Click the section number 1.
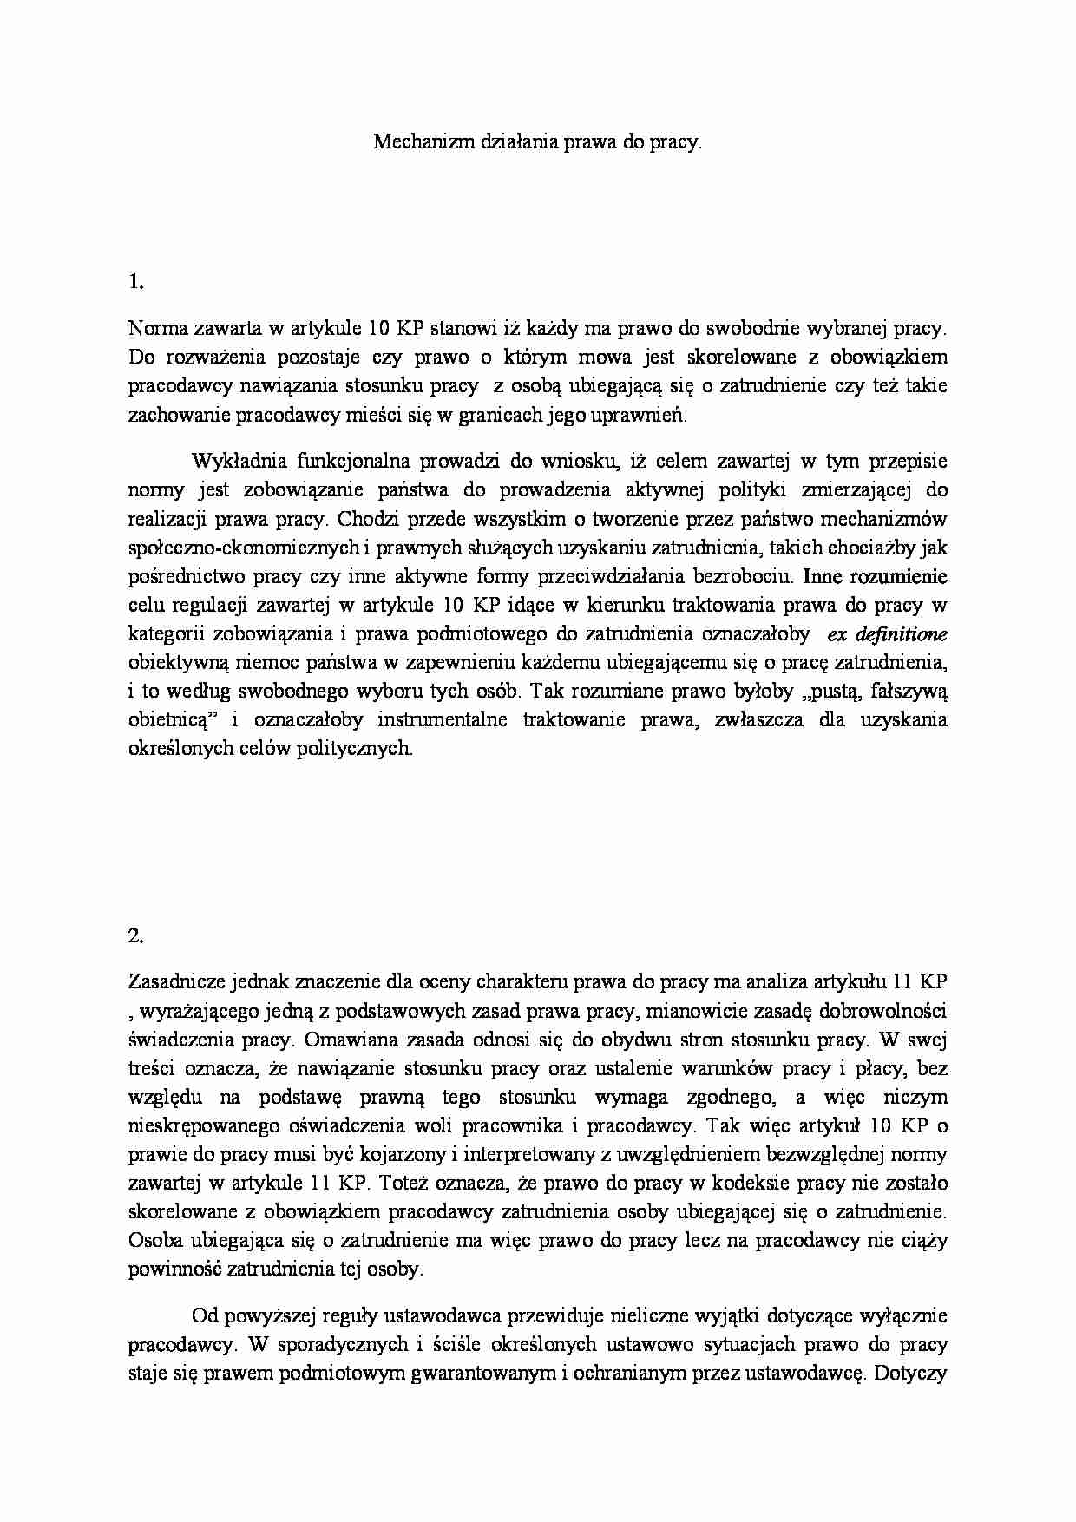click(134, 281)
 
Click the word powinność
click(174, 1269)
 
